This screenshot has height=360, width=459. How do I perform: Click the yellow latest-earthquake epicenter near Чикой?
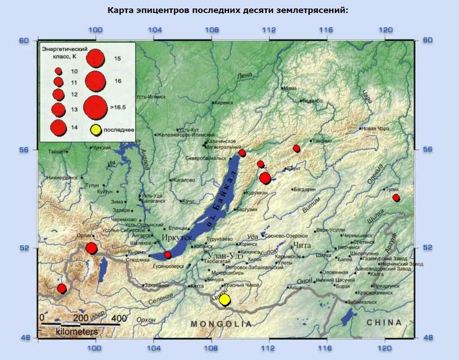[225, 299]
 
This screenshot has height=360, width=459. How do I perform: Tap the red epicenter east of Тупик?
[396, 198]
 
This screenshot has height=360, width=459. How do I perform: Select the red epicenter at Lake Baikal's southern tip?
[168, 255]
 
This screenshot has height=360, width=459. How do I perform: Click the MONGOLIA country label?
[221, 324]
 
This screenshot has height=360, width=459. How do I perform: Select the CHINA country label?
[384, 322]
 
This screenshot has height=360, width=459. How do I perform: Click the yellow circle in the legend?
[95, 130]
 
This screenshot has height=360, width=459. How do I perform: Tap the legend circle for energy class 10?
[58, 71]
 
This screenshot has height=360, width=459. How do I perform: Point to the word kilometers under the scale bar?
[77, 332]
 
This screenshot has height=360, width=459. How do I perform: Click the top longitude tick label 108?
[211, 30]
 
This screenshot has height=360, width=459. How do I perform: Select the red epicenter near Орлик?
[91, 248]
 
